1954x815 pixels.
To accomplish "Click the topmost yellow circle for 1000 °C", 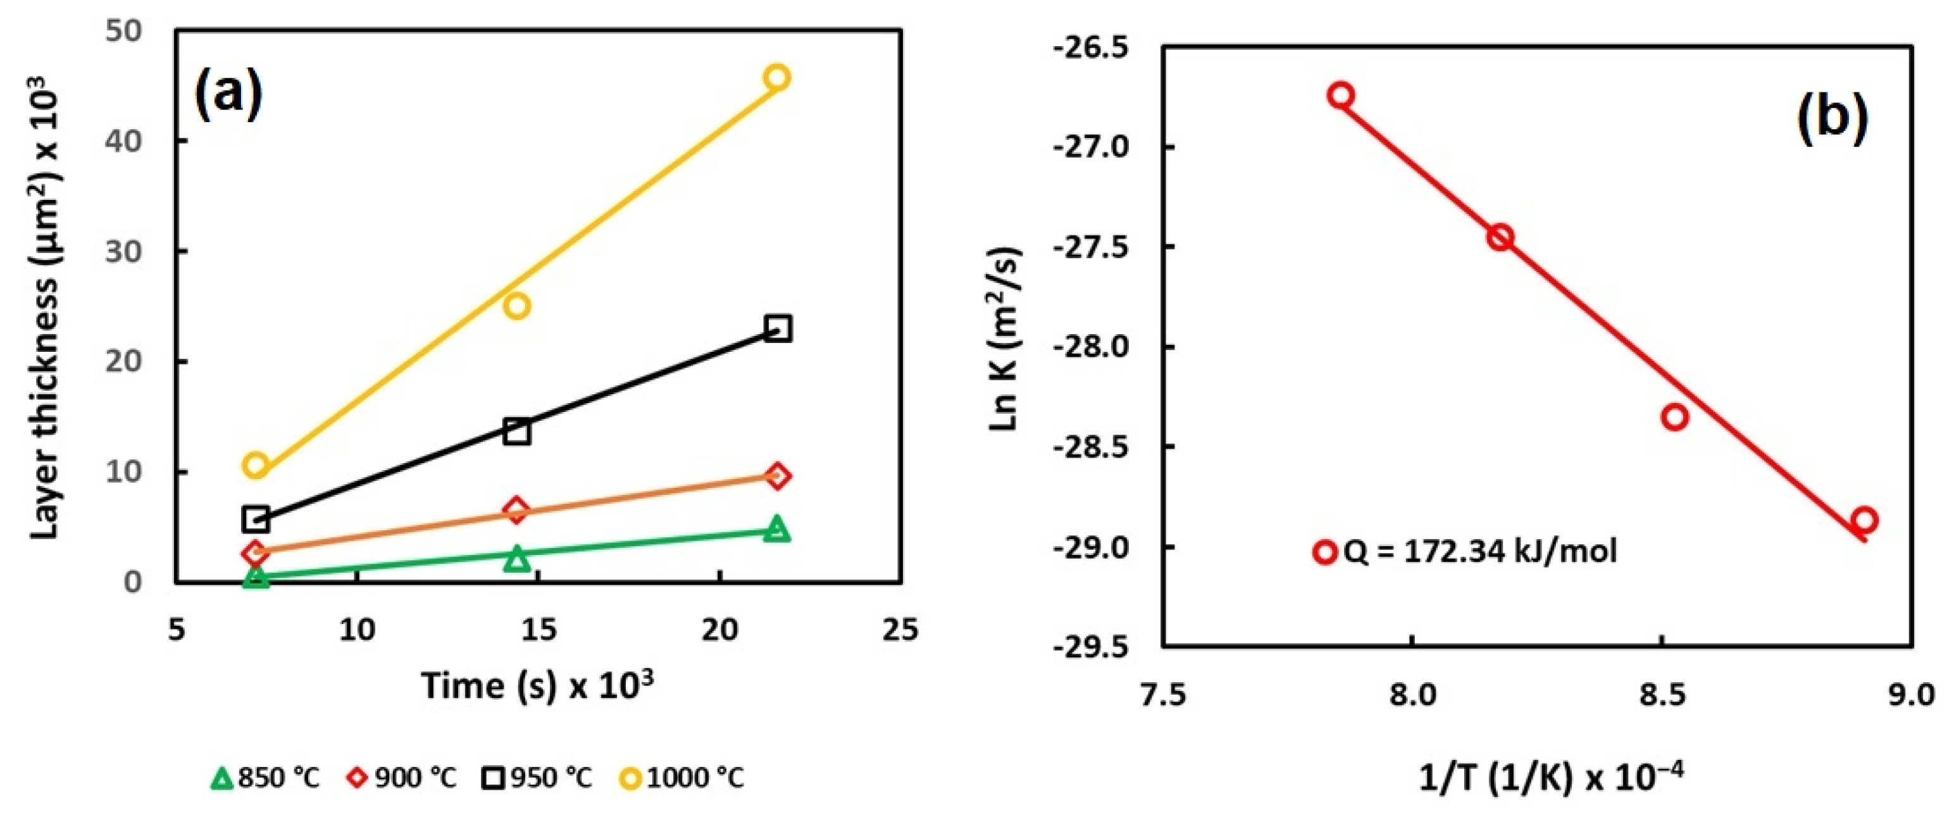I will coord(777,77).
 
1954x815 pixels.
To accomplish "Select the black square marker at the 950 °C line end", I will coord(778,328).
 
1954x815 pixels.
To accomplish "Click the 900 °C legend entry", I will coord(402,778).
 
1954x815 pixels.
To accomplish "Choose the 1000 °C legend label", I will coord(695,778).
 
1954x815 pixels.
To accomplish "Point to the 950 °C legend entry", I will coord(538,778).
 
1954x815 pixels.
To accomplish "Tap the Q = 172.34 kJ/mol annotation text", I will coord(1480,551).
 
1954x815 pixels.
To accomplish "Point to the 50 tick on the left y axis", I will coord(125,32).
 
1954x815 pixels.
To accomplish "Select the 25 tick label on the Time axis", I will coord(900,629).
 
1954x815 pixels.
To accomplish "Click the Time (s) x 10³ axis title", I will coord(537,685).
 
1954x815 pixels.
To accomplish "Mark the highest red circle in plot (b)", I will coord(1341,95).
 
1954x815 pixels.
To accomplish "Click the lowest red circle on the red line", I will coord(1863,521).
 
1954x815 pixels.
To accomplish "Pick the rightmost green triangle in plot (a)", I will coord(776,528).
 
